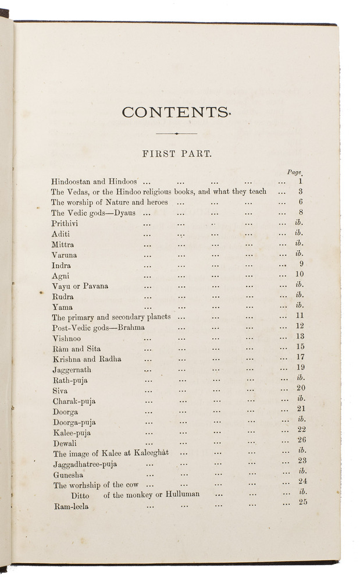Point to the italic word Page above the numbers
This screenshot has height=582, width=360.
[x=295, y=172]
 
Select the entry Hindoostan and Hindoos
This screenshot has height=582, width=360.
[x=94, y=182]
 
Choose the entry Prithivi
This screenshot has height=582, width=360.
[x=65, y=223]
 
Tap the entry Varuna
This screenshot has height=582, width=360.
[x=64, y=255]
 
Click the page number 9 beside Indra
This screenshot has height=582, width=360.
[x=301, y=264]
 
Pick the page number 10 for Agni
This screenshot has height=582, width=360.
[x=300, y=275]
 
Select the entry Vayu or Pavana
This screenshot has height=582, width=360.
[x=80, y=286]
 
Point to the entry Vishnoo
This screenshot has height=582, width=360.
[x=67, y=338]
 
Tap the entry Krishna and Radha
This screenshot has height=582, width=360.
[x=87, y=359]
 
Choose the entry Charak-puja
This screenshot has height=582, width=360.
[x=74, y=401]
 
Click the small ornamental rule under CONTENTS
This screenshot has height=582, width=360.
[x=176, y=133]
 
